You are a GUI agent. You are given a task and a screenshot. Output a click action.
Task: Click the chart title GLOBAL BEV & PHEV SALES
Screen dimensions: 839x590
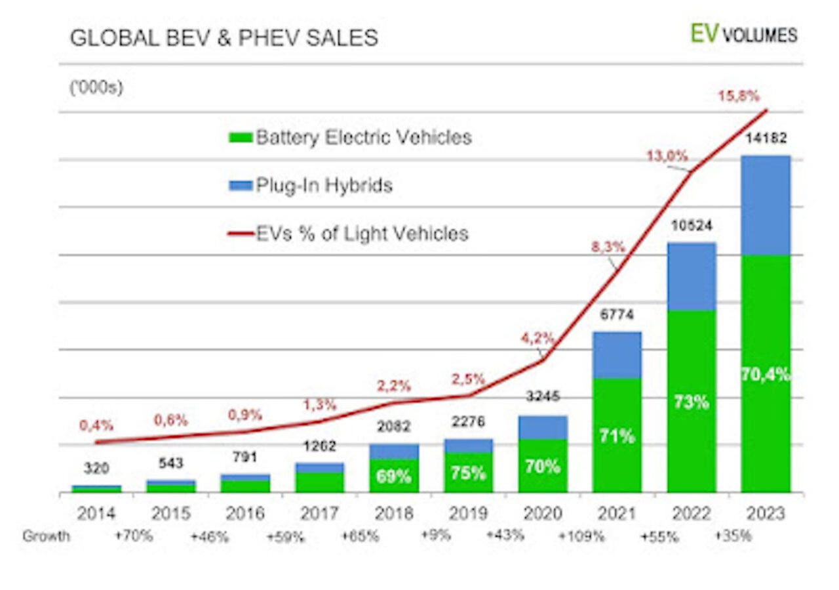click(224, 38)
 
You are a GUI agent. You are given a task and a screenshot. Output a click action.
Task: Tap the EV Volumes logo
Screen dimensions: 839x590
click(744, 35)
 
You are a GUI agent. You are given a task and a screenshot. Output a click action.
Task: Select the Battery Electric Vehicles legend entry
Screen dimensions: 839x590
click(350, 137)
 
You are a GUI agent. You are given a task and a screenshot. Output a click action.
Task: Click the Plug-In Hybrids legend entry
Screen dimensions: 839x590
click(311, 185)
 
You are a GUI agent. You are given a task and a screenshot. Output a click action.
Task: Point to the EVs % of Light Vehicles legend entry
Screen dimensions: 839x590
click(348, 233)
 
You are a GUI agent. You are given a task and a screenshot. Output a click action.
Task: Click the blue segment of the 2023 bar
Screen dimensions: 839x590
click(766, 205)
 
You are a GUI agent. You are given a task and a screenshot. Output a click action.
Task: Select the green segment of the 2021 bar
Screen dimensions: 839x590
click(617, 435)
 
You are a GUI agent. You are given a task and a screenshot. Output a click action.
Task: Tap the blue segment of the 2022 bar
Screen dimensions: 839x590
click(692, 277)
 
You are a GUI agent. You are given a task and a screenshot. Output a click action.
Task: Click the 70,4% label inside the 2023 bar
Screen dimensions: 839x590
click(766, 374)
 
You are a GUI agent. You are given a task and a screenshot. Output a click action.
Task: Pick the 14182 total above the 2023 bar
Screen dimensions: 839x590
click(766, 138)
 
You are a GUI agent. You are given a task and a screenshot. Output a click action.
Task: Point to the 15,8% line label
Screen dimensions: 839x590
click(739, 96)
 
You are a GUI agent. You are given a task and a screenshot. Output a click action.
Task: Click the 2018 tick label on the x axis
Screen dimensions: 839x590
click(394, 513)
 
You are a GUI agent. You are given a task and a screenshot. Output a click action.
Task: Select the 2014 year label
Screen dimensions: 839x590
click(96, 513)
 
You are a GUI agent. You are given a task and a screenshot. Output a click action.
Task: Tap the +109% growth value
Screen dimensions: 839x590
click(581, 536)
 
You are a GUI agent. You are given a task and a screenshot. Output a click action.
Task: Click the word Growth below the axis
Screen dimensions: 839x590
click(46, 536)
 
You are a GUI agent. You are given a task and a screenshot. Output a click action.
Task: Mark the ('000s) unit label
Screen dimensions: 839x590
click(96, 88)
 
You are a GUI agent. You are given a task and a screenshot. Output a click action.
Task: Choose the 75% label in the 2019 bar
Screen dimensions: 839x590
click(468, 473)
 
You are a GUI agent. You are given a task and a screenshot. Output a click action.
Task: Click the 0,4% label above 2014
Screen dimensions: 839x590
click(96, 425)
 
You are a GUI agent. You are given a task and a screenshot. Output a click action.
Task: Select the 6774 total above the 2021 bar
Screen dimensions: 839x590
click(617, 314)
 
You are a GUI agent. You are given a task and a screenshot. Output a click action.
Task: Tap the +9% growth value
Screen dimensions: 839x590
click(436, 536)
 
